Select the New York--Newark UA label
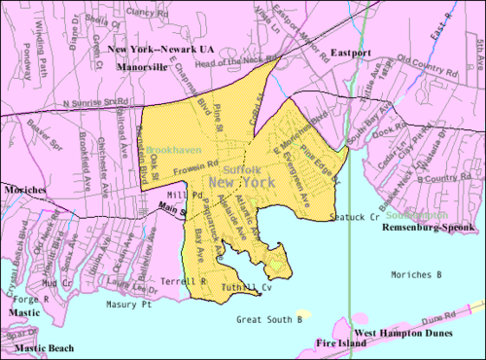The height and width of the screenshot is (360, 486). [158, 49]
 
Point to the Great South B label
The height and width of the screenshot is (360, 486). [269, 318]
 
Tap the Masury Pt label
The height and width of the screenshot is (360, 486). [132, 305]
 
